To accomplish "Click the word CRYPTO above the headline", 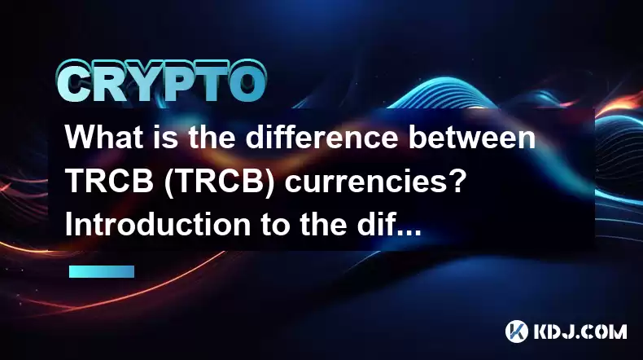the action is [x=161, y=81].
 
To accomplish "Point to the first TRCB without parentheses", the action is [x=110, y=181].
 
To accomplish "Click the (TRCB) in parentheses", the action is [x=220, y=182].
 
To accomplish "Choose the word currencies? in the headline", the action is [x=375, y=182].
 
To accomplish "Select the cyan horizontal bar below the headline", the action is [x=102, y=272].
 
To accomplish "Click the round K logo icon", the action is [x=516, y=331].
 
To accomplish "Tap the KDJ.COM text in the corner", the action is [x=580, y=331].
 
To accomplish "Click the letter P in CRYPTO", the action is [x=178, y=83].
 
